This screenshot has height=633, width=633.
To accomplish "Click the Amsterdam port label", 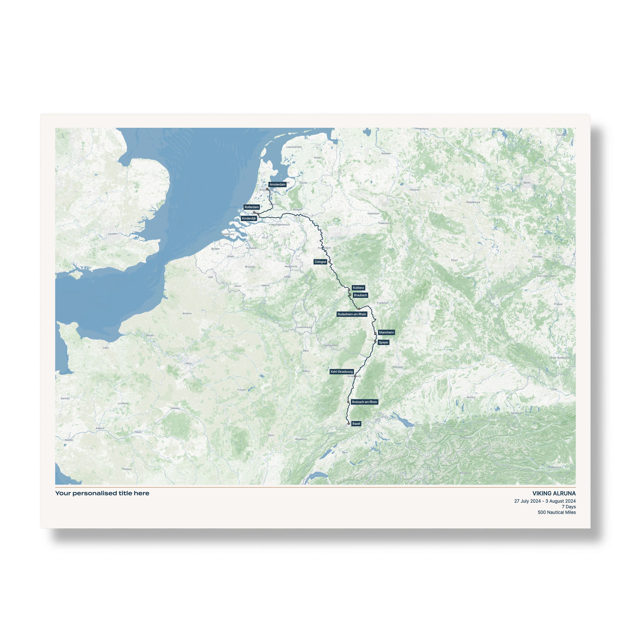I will (x=277, y=185).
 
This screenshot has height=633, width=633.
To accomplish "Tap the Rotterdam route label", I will (x=251, y=207).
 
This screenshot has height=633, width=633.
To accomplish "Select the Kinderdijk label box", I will (x=249, y=219).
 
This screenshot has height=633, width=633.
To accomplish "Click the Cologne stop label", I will (x=320, y=262).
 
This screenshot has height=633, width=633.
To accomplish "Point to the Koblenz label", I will (x=358, y=288).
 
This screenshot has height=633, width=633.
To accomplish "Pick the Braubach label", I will (x=360, y=295).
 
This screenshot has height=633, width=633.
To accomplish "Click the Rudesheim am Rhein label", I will (x=352, y=314).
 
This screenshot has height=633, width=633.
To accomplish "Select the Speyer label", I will (x=383, y=342).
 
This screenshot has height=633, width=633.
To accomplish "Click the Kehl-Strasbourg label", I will (x=341, y=371).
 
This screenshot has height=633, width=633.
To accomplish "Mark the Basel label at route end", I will (x=356, y=424).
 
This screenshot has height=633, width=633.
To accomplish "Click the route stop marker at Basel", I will (x=349, y=424).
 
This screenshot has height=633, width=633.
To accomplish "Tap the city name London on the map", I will (x=113, y=234).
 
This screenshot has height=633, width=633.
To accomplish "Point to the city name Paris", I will (x=188, y=363).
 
